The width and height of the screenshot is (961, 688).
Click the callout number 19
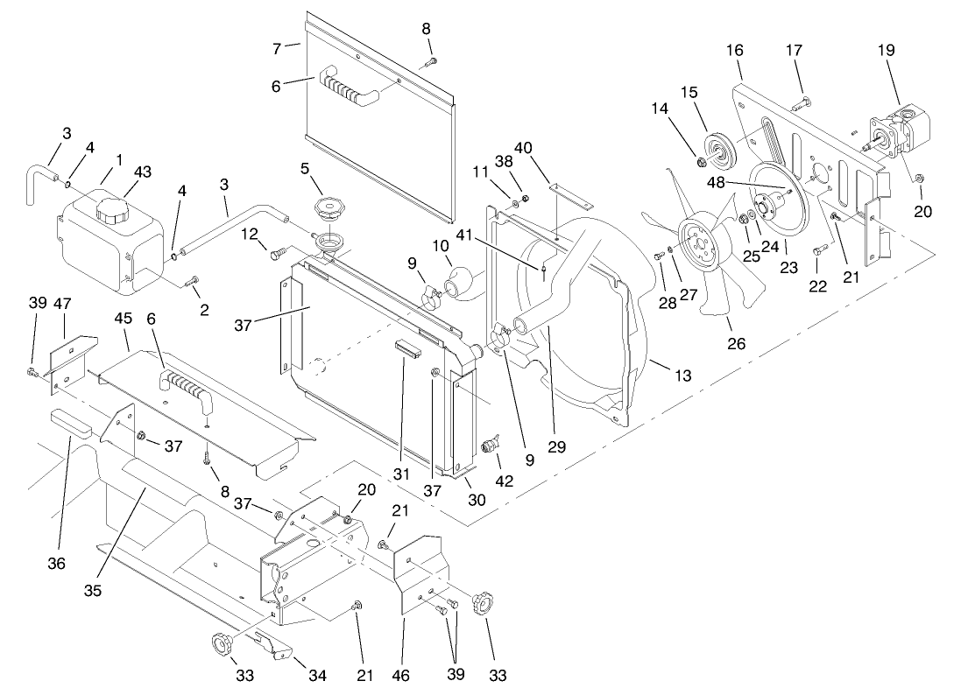point(886,50)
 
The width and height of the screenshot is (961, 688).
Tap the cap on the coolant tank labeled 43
point(111,209)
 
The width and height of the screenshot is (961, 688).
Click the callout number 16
point(734,50)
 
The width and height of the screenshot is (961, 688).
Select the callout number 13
point(683,376)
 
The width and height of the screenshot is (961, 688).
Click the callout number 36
point(56,564)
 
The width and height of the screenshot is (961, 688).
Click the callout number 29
point(557,446)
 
